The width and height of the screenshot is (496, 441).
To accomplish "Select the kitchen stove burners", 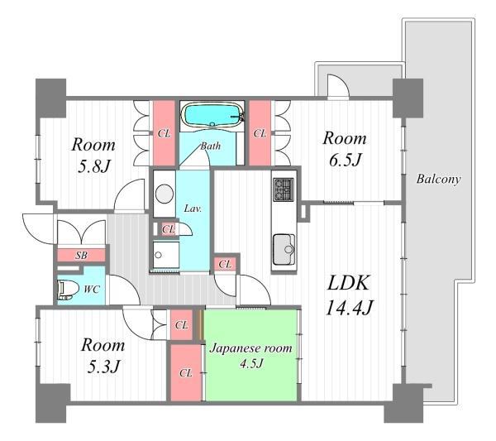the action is [284, 189].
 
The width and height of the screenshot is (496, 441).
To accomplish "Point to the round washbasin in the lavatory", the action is [165, 194].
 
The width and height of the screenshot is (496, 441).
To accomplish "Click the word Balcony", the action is [438, 180].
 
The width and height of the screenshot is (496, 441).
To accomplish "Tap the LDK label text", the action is [348, 283].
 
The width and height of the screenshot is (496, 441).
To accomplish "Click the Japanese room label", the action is [250, 348].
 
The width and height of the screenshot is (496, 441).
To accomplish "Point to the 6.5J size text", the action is [345, 160].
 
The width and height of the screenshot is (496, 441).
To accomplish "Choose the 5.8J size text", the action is [93, 165].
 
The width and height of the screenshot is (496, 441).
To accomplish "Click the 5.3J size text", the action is [103, 367].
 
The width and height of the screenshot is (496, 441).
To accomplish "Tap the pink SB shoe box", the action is [81, 255].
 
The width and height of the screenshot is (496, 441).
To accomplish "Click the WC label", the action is [92, 289].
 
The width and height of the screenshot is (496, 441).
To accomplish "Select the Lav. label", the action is [193, 209].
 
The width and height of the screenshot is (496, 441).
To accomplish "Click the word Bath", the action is [210, 146].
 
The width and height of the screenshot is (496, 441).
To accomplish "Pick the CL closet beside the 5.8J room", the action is [165, 133].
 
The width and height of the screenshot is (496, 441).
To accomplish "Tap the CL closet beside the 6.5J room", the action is [260, 133].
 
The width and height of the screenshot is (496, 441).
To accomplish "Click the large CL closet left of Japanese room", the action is [186, 373].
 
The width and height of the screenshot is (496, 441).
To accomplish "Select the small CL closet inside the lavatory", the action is [168, 228].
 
